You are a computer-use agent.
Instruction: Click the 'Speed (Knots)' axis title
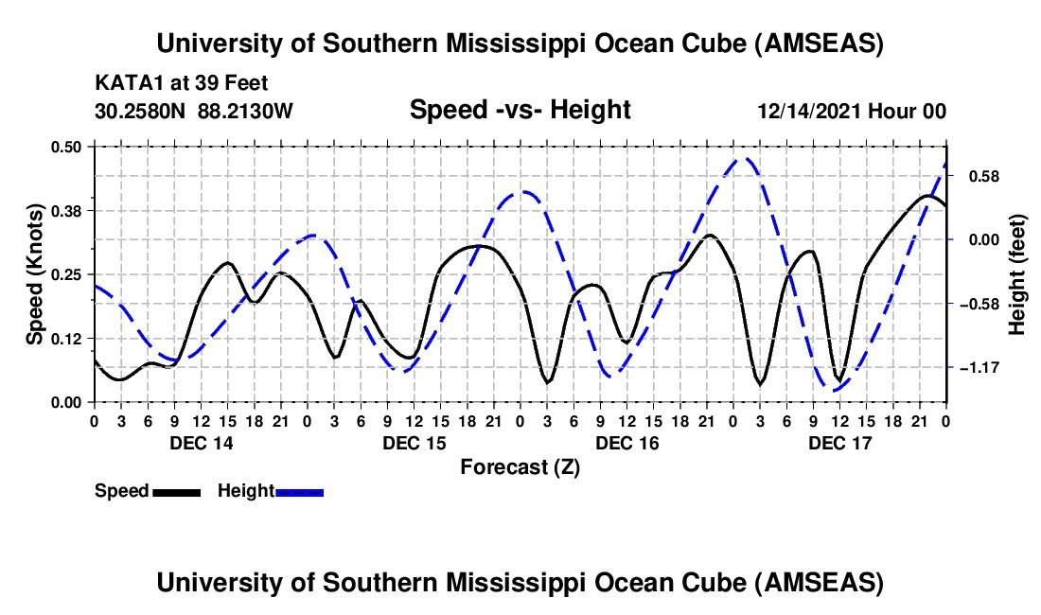tap(34, 273)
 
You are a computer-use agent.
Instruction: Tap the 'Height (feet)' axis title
tap(1017, 273)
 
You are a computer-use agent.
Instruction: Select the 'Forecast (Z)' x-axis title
tap(520, 466)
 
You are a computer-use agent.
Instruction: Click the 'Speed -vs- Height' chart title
tap(520, 111)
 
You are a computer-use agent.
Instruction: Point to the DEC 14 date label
tap(201, 443)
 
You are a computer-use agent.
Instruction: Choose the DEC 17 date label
tap(839, 443)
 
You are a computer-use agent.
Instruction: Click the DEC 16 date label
tap(626, 443)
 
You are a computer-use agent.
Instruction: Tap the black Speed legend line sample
tap(176, 492)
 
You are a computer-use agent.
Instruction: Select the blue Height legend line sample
tap(299, 492)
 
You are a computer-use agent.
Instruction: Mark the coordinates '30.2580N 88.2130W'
tap(194, 111)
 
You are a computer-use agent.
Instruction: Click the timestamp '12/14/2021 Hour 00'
tap(852, 111)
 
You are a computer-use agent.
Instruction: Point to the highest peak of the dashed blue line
tap(746, 159)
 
